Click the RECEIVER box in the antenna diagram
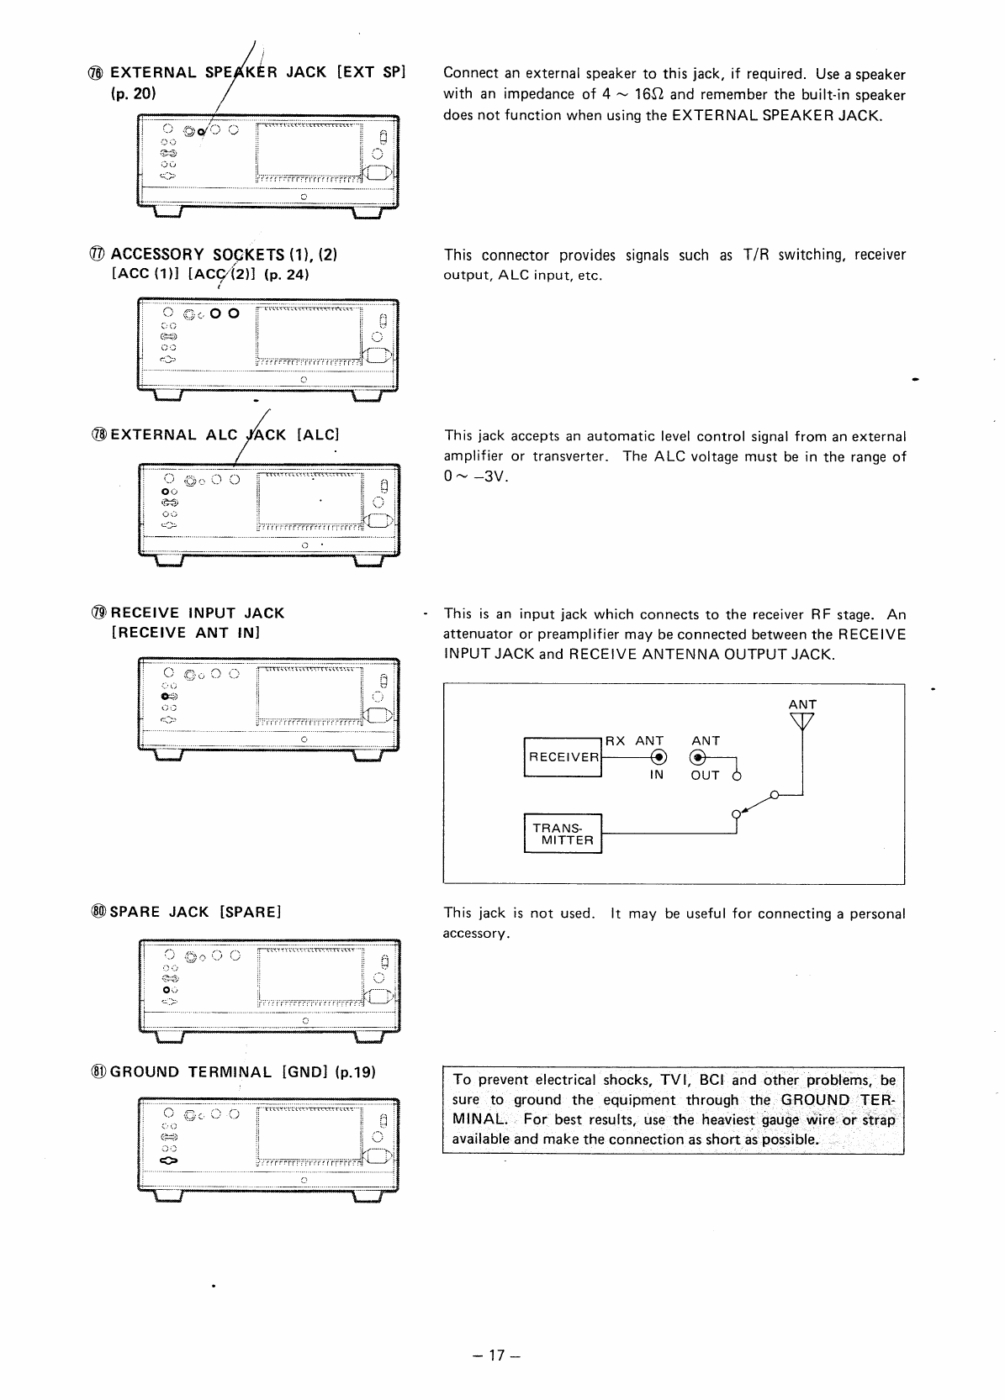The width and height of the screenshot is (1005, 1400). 563,757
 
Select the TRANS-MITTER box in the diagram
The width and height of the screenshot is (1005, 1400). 563,834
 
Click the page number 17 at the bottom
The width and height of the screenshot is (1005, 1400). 501,1355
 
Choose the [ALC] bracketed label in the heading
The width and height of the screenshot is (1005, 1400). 319,434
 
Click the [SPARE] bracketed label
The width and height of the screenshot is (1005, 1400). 250,912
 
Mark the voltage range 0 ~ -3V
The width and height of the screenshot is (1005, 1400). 476,477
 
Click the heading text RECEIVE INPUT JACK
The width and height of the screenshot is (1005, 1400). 198,613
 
